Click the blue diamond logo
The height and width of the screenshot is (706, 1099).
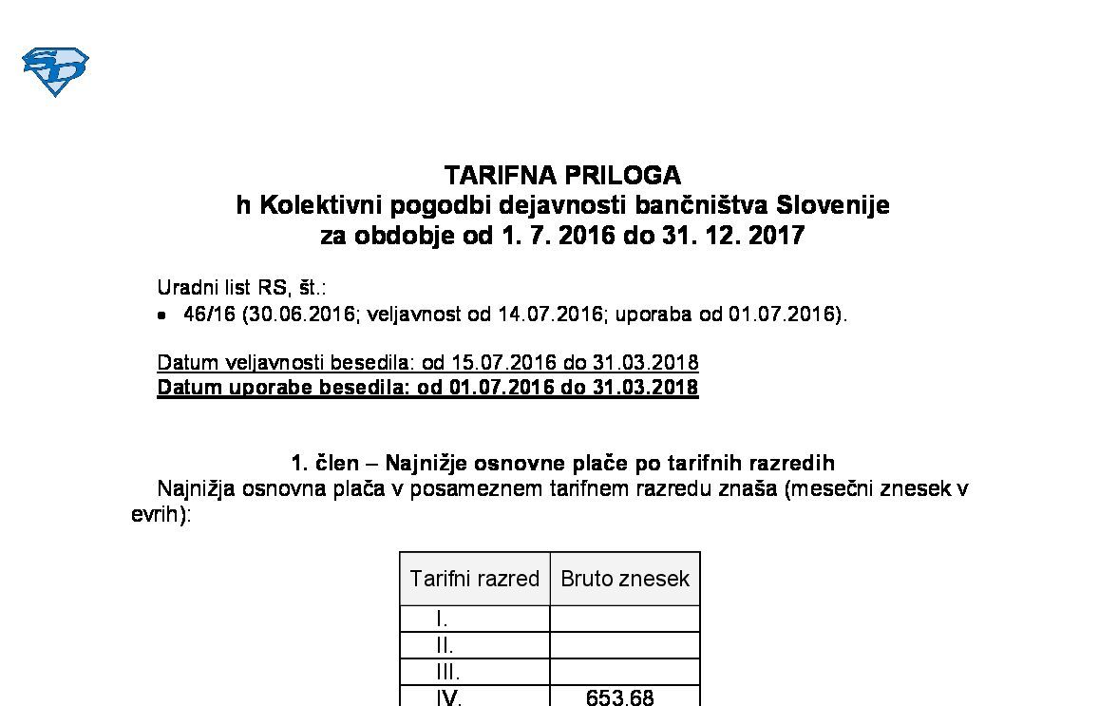coord(55,71)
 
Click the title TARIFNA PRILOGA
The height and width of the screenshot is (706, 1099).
coord(562,176)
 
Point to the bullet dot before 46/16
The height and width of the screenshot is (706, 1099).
coord(162,315)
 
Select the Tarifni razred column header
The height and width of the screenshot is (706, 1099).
coord(474,579)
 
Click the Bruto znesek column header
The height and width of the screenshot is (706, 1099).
coord(625,579)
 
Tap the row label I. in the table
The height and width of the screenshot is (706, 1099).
coord(442,620)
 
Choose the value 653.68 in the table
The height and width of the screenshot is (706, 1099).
coord(620,697)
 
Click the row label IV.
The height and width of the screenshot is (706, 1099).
coord(448,697)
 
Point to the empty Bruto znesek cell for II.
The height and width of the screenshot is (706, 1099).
coord(625,646)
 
